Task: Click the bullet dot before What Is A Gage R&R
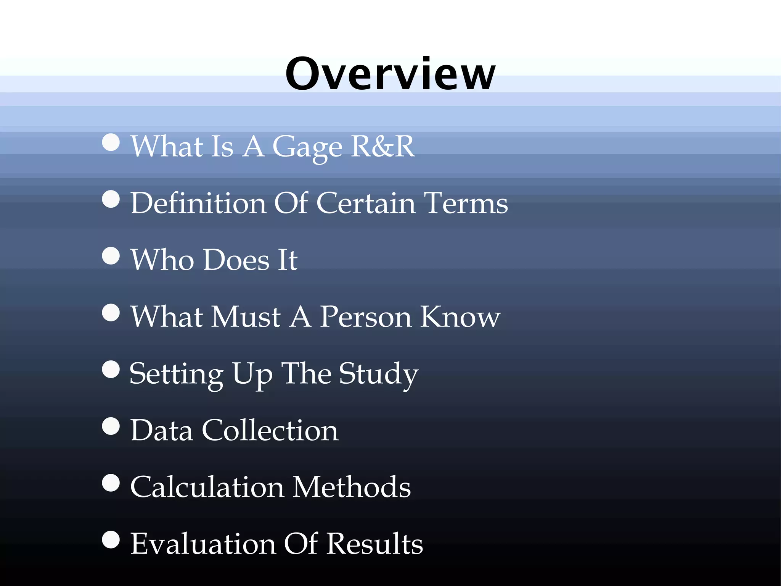click(x=111, y=142)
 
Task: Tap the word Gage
click(x=307, y=147)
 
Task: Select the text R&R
click(x=382, y=146)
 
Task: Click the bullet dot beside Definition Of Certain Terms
click(x=111, y=199)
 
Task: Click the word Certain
click(x=366, y=203)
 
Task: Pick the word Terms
click(x=466, y=203)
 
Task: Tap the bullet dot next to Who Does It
click(x=111, y=256)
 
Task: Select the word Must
click(x=246, y=316)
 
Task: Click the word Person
click(x=366, y=316)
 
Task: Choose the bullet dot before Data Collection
click(x=111, y=426)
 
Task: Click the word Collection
click(x=270, y=430)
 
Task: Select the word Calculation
click(x=207, y=487)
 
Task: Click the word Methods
click(x=352, y=487)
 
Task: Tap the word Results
click(x=374, y=544)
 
